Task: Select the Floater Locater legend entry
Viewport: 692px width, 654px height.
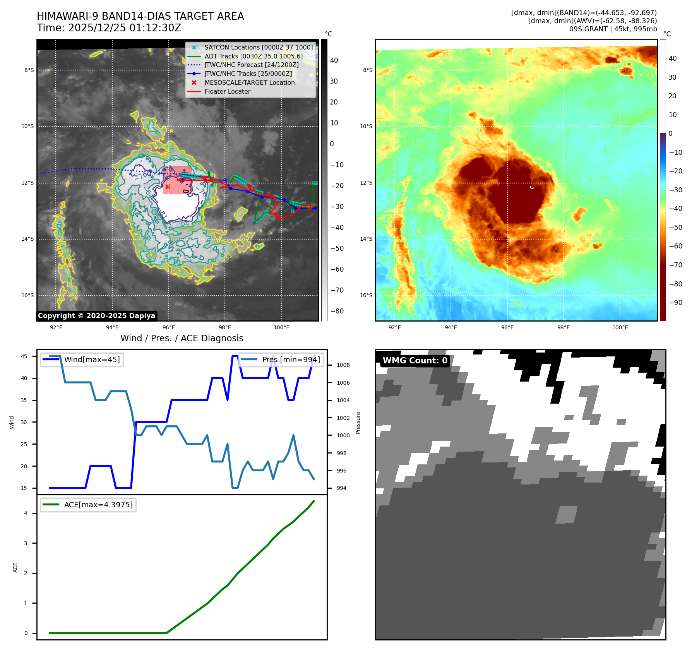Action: (x=227, y=92)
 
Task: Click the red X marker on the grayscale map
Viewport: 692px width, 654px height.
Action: (x=167, y=187)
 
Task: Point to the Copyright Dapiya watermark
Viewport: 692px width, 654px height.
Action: (x=96, y=316)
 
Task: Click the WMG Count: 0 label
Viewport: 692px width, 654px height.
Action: (x=415, y=361)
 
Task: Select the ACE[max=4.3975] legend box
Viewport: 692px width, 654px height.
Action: (x=88, y=505)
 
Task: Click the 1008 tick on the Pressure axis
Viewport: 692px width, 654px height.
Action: (x=343, y=365)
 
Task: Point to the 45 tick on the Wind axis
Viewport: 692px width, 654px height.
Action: (x=24, y=356)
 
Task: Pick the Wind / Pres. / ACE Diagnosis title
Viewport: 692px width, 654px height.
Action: (x=182, y=338)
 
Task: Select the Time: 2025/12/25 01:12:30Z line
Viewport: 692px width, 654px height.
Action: (x=109, y=28)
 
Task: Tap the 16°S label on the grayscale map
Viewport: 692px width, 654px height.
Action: (x=27, y=295)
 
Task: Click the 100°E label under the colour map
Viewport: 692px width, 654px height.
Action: (x=620, y=328)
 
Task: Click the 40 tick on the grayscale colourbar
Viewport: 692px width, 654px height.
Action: (x=334, y=60)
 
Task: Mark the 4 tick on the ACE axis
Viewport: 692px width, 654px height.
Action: (x=26, y=513)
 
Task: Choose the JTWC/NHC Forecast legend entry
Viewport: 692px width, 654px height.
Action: (x=251, y=65)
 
